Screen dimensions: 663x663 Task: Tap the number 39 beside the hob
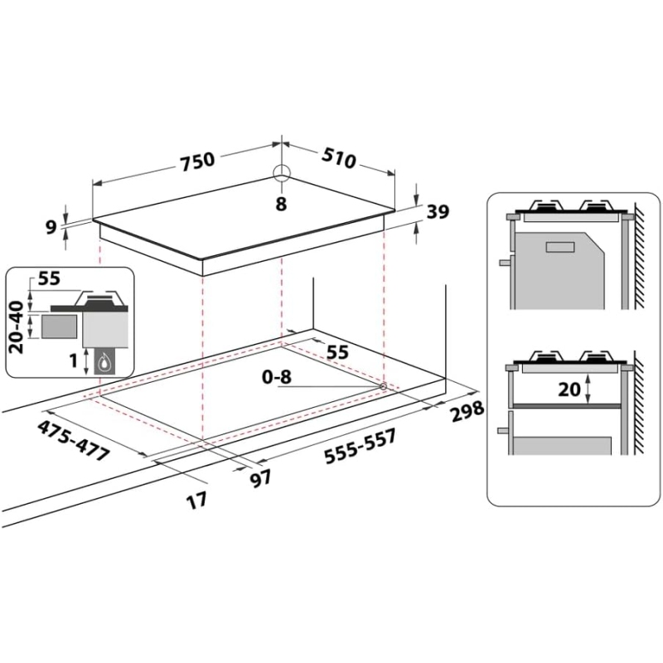[x=437, y=213]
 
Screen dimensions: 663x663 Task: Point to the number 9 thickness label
[x=51, y=226]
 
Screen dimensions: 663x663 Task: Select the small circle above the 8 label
[x=282, y=172]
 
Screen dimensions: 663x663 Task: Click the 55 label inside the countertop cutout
[x=336, y=352]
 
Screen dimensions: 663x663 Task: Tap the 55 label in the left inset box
[x=50, y=280]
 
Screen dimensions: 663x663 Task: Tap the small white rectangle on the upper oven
[x=560, y=245]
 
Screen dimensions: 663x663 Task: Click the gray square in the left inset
[x=56, y=327]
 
